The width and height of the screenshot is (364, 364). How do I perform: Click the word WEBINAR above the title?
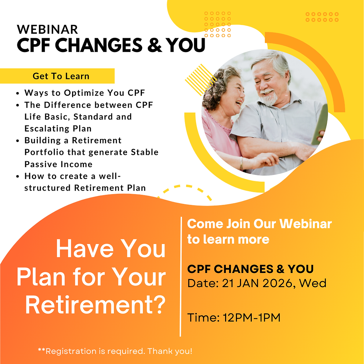point(48,29)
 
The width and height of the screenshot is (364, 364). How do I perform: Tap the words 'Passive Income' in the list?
point(58,164)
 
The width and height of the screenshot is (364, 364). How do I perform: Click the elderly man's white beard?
point(268,98)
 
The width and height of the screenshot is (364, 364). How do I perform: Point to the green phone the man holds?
point(320,124)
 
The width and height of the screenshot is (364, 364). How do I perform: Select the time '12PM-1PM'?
point(251,318)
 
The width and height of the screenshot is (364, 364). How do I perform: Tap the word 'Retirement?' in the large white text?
point(95,305)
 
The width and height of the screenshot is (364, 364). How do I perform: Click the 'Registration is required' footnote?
point(115,351)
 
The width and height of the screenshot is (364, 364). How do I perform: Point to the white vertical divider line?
point(181,275)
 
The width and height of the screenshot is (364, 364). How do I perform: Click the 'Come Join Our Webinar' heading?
point(259,224)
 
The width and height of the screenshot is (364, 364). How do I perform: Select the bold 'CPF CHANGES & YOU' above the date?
point(250,269)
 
